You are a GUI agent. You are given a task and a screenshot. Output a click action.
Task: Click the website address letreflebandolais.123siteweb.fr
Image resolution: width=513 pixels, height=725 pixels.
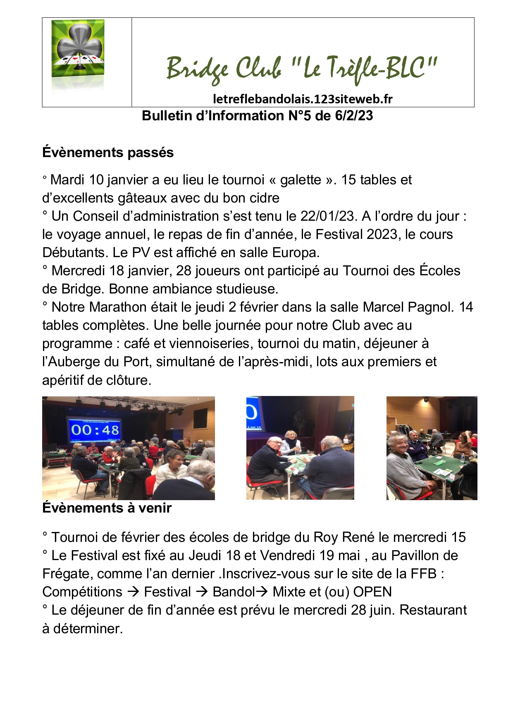pyautogui.click(x=302, y=99)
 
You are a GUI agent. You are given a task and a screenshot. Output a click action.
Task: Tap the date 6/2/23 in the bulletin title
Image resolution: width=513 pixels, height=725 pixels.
pyautogui.click(x=354, y=116)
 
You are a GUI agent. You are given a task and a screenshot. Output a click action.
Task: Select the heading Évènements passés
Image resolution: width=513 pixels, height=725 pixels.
pyautogui.click(x=108, y=153)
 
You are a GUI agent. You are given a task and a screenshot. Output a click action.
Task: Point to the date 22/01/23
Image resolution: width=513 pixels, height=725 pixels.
pyautogui.click(x=328, y=216)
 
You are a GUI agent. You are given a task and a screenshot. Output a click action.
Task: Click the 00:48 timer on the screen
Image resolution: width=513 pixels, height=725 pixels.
pyautogui.click(x=95, y=430)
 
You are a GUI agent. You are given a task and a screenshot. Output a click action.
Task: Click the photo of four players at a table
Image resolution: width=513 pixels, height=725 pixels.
pyautogui.click(x=300, y=448)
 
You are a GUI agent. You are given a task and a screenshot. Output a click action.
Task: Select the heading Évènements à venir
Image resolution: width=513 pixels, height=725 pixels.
pyautogui.click(x=107, y=508)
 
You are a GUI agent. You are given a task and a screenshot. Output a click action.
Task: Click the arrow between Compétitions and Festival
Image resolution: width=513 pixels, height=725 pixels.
pyautogui.click(x=133, y=592)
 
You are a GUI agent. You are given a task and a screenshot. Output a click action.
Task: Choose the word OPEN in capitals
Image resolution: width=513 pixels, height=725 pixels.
pyautogui.click(x=372, y=592)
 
